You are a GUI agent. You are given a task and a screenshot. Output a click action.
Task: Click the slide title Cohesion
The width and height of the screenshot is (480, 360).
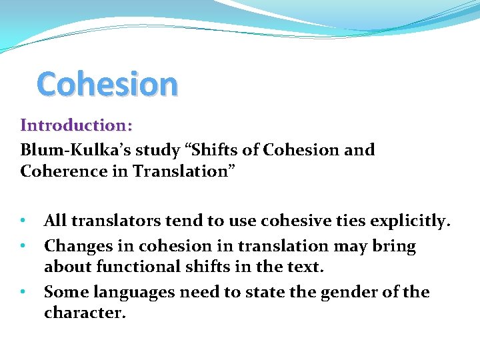click(107, 84)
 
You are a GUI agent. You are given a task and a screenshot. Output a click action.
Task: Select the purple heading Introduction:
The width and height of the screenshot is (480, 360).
click(77, 125)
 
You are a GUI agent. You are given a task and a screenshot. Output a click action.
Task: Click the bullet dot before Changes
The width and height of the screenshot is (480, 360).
click(23, 246)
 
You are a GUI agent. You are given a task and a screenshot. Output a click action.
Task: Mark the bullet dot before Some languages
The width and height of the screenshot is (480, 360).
click(23, 292)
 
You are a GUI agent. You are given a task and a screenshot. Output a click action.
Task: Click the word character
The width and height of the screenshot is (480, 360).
click(84, 313)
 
